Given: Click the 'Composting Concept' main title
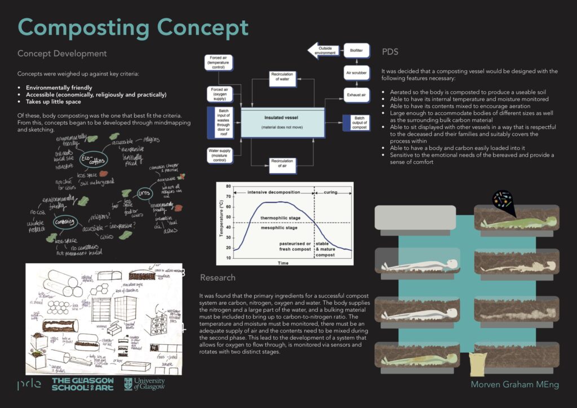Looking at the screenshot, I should click(133, 28).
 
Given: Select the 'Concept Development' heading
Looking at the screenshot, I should click(62, 54).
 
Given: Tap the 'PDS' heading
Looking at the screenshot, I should click(390, 52).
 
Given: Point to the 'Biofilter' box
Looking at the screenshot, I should click(356, 51).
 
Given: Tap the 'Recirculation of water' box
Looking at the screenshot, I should click(281, 78).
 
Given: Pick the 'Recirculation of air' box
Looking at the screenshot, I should click(281, 164).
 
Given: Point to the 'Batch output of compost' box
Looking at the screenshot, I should click(356, 122).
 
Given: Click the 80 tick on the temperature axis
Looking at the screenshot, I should click(228, 187).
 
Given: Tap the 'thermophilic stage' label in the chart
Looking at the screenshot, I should click(279, 218).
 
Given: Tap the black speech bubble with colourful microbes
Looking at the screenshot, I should click(503, 201).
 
